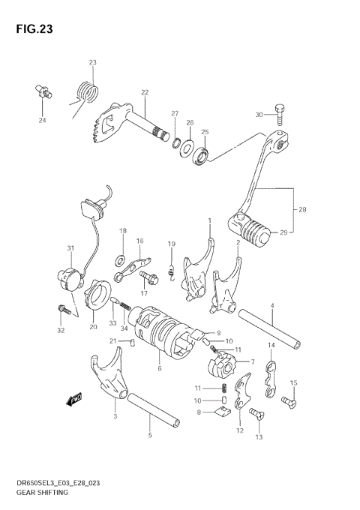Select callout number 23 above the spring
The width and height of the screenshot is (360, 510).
(x=93, y=62)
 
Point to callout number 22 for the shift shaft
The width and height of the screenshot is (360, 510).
(x=144, y=92)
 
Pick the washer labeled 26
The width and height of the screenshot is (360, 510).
(x=186, y=146)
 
